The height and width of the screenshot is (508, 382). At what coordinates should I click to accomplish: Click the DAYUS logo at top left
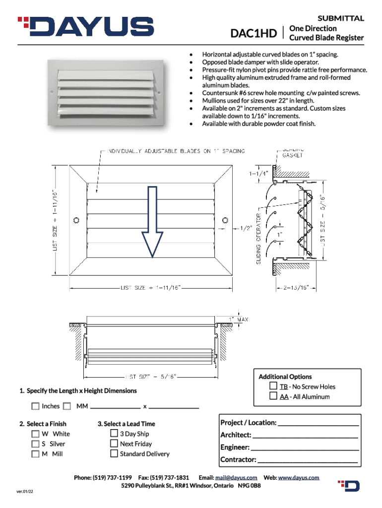point(85,27)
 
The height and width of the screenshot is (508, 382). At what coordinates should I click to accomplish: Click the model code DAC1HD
point(254,34)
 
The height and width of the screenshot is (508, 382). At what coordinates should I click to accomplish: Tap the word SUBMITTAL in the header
point(341,18)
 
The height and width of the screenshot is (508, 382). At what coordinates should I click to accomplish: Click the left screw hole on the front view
point(76,220)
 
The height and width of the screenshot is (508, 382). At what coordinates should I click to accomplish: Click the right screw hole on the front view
point(225,220)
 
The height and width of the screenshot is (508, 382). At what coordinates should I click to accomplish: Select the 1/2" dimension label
point(247,228)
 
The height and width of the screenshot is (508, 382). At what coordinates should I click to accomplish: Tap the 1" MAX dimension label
point(239,319)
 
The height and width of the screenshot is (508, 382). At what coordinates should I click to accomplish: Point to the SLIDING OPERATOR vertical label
point(258,239)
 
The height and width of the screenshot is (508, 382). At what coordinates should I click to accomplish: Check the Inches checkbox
point(35,406)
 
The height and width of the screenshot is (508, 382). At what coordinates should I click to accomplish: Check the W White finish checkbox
point(35,434)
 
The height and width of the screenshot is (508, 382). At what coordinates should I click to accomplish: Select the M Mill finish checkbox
point(35,453)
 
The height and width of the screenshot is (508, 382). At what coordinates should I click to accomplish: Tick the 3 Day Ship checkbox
point(114,434)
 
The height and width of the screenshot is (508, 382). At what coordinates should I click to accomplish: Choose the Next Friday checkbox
point(114,444)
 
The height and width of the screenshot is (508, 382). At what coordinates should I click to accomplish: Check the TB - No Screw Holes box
point(273,386)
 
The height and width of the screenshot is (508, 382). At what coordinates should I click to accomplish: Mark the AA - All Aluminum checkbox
point(273,396)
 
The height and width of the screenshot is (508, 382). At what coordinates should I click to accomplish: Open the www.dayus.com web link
point(298,477)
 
